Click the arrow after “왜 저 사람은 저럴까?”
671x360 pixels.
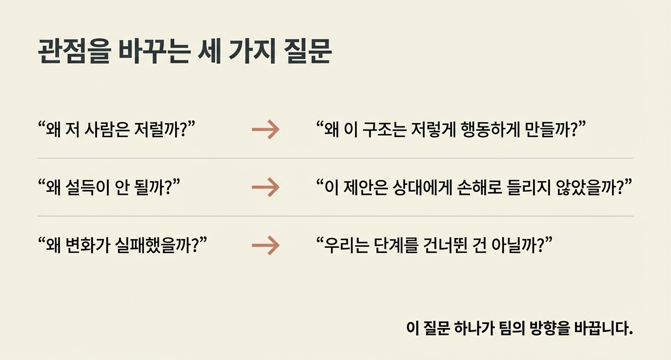tap(265, 129)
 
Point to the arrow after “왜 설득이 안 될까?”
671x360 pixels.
tap(265, 187)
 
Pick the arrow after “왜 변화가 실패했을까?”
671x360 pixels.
tap(265, 245)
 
